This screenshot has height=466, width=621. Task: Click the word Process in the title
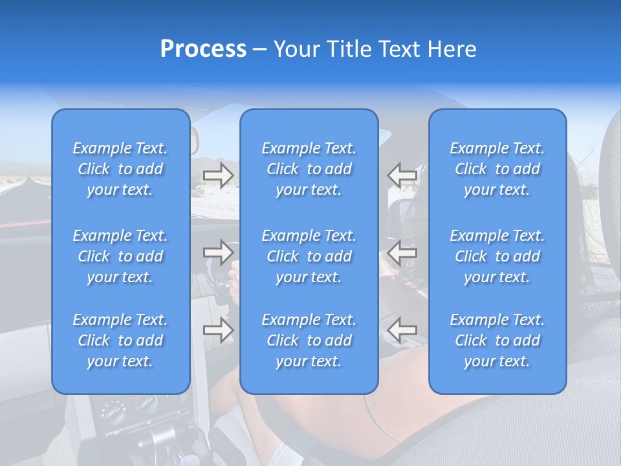203,49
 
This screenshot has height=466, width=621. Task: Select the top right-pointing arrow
219,175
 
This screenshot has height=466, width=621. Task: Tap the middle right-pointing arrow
219,252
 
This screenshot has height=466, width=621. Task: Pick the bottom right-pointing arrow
219,331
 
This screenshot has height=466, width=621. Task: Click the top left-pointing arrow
402,175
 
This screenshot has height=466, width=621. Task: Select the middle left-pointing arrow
402,252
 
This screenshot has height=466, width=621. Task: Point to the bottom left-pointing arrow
402,331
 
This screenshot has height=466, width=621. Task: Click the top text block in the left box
120,169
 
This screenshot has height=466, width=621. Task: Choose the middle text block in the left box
120,256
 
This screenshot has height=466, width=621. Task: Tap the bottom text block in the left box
120,340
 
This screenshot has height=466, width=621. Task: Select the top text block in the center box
309,169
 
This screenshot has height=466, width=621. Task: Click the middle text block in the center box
309,256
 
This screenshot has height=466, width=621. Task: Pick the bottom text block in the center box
309,340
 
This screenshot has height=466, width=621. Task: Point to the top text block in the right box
497,169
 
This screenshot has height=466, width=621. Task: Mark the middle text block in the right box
497,256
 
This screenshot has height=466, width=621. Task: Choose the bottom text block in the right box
497,340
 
